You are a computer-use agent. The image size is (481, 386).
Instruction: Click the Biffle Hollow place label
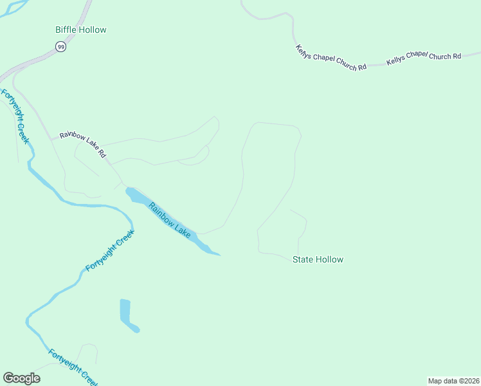point(80,30)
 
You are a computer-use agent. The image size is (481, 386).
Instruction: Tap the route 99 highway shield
point(60,47)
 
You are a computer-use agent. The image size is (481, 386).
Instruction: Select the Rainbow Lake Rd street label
point(82,144)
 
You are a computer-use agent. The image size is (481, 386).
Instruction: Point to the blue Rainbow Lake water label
point(170,221)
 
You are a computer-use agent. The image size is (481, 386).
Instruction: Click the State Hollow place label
point(318,260)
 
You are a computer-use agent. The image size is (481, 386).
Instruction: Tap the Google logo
point(21,378)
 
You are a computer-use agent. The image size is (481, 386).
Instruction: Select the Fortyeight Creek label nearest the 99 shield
point(15,116)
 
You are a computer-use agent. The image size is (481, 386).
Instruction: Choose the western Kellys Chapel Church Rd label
point(331,57)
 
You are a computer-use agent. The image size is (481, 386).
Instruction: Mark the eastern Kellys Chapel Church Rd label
point(424,58)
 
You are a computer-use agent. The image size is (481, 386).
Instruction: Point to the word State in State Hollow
point(303,260)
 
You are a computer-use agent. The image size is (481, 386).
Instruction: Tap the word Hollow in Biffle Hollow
point(93,30)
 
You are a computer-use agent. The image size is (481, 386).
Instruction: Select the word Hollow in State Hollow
point(329,260)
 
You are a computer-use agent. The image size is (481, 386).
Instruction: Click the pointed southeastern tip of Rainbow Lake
point(219,255)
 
